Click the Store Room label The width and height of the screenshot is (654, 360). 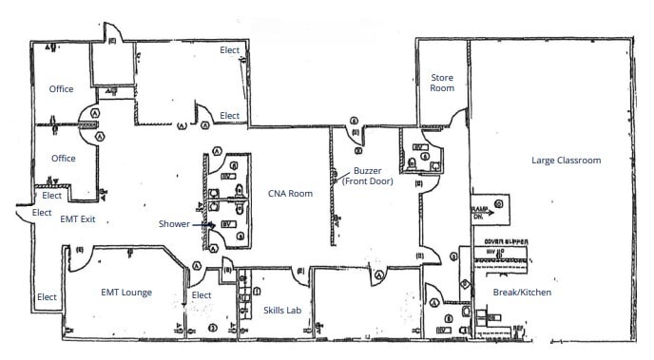[442, 82]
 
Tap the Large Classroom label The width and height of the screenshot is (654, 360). [566, 160]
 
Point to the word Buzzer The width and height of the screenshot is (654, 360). [367, 171]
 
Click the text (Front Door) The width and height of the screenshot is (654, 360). [367, 182]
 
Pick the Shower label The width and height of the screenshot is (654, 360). [173, 224]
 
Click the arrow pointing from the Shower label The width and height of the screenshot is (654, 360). [199, 224]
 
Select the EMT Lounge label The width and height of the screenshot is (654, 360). [127, 293]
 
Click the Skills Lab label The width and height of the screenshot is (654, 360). [282, 310]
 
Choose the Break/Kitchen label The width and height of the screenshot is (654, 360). [521, 293]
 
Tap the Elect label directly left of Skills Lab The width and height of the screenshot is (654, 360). [201, 295]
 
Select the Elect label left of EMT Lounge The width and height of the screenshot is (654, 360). [47, 297]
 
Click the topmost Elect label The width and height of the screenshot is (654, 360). [230, 49]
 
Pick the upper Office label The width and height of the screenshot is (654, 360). [63, 89]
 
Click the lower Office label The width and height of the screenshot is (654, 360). [63, 159]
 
